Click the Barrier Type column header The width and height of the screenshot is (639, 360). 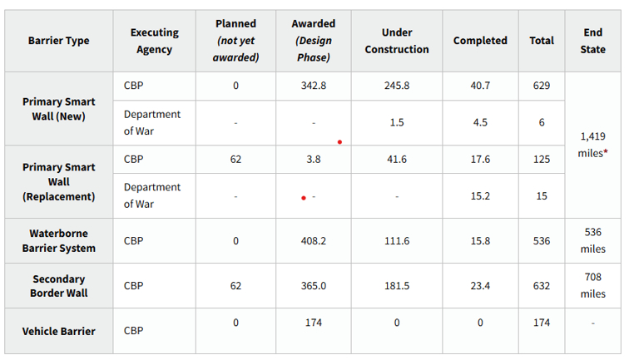pos(59,41)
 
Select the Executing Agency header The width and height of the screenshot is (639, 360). pos(155,41)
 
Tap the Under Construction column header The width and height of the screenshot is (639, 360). pos(397,41)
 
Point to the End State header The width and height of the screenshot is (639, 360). pos(593,41)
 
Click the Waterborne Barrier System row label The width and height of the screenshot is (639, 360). pos(59,240)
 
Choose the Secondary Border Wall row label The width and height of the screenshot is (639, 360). pos(59,286)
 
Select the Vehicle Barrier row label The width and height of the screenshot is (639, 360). pos(59,331)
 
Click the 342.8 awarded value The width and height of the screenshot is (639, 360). pos(314,86)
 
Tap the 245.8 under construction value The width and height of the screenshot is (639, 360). pos(397,86)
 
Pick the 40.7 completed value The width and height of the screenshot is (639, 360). pos(480,86)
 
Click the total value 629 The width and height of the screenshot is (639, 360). pos(542,86)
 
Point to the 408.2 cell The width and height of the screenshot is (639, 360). pos(314,240)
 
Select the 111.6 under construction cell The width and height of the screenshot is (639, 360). pos(397,240)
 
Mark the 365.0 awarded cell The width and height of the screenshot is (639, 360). pos(314,286)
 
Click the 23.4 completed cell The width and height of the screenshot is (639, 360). pos(480,286)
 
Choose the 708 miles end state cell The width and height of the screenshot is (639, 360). pos(593,285)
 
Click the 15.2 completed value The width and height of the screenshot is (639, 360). pos(480,196)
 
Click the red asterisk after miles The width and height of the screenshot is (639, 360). pos(606,151)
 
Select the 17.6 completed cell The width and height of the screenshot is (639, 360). pos(480,160)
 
